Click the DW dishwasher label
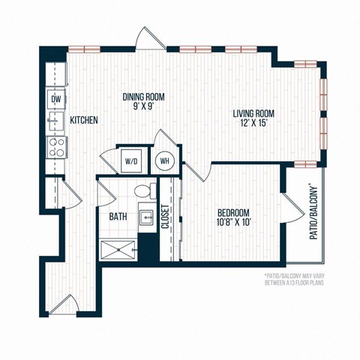click(x=55, y=98)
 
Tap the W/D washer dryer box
click(x=131, y=160)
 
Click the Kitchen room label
click(x=84, y=120)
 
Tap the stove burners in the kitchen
click(x=55, y=146)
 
